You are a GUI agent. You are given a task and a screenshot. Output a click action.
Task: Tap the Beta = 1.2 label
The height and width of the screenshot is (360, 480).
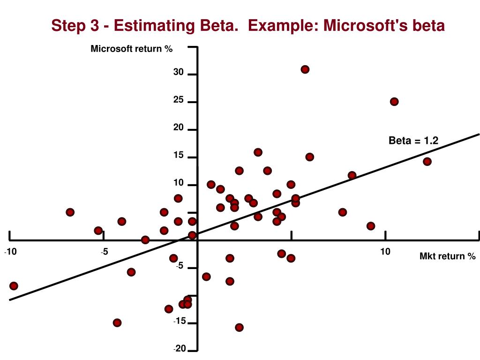click(413, 141)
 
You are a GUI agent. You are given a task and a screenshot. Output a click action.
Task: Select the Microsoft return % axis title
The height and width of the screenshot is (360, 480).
click(132, 49)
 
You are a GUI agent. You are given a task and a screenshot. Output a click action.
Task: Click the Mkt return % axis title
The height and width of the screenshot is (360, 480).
click(447, 256)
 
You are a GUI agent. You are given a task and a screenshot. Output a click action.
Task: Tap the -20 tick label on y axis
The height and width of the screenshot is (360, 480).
click(180, 349)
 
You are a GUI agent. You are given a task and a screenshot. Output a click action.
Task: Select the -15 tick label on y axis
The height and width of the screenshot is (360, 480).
click(180, 322)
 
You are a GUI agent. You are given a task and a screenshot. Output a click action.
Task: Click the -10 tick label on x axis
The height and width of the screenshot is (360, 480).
click(10, 253)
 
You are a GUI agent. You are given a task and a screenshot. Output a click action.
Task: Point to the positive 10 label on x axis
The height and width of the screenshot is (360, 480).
click(385, 252)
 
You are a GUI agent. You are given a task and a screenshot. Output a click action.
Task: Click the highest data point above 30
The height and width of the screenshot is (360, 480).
click(305, 69)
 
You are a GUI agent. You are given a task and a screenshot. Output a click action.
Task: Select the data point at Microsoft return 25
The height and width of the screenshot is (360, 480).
click(394, 102)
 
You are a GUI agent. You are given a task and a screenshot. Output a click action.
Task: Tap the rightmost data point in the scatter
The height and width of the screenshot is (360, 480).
click(427, 162)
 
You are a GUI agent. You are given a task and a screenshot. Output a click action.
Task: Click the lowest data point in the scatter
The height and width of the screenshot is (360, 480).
click(239, 328)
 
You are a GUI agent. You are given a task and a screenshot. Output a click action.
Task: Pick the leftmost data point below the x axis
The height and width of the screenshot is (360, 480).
click(14, 286)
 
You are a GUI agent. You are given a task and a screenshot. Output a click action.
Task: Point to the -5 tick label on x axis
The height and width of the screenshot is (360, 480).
click(104, 253)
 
